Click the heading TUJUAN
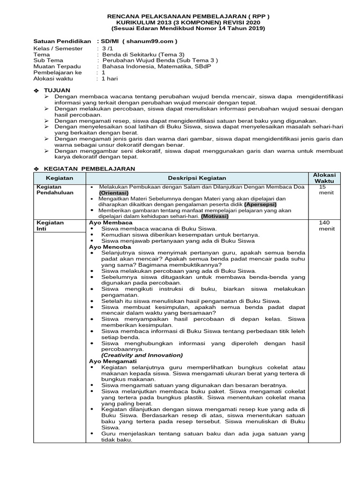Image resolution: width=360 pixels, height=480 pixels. point(57,90)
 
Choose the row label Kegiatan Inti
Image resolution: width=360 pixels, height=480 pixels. point(50,225)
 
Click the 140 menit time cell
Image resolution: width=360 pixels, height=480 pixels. point(325,225)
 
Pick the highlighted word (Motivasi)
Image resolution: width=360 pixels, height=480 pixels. point(215,217)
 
